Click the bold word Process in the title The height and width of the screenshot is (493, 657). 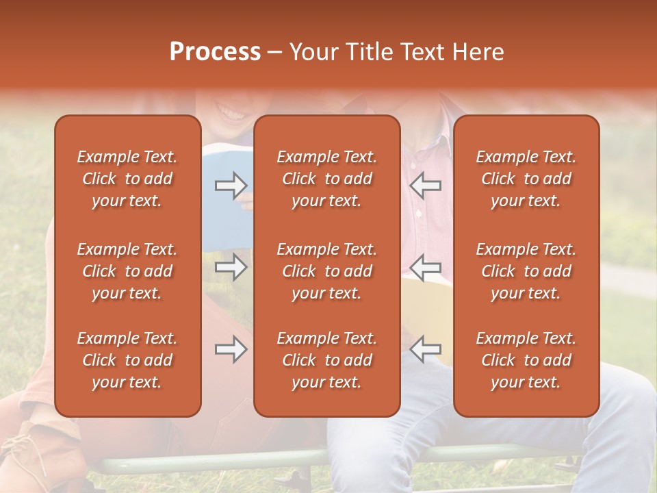click(215, 52)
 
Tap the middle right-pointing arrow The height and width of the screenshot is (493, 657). click(231, 267)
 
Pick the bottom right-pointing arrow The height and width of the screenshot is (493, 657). click(231, 349)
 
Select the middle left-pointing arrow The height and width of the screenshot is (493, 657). click(426, 267)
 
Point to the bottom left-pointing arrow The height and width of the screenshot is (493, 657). click(426, 349)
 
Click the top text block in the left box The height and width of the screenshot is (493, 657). click(127, 179)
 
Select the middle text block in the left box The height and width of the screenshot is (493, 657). click(127, 271)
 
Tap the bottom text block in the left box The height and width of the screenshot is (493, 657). click(127, 360)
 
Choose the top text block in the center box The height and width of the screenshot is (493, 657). click(326, 179)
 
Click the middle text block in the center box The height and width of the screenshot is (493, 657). click(326, 271)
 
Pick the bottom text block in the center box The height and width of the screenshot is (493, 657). click(326, 360)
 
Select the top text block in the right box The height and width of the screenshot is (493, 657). click(526, 179)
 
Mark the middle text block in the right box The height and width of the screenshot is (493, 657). click(526, 271)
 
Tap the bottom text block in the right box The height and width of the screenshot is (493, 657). click(526, 360)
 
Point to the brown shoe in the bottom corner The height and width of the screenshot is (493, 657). click(34, 452)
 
